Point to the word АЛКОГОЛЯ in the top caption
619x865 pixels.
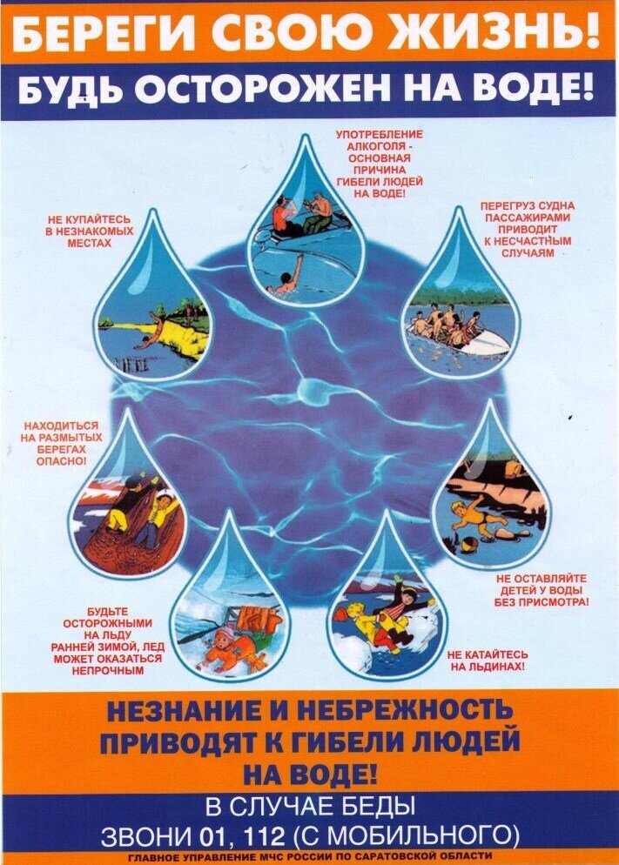(380, 146)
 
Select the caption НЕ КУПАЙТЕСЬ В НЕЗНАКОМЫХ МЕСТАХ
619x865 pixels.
(90, 231)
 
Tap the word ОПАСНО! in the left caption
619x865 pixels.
(61, 460)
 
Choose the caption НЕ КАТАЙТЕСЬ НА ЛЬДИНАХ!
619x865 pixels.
(488, 660)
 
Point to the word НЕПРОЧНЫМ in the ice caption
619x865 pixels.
(108, 671)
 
